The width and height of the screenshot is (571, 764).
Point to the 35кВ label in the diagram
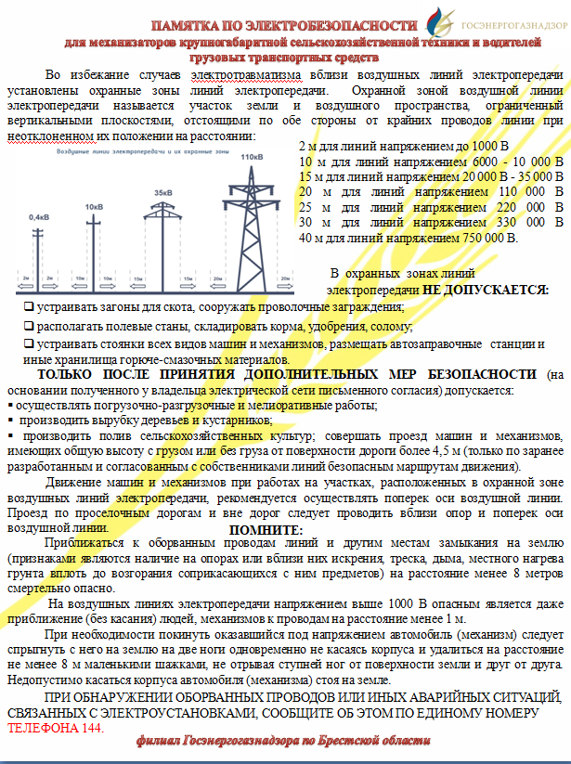pyautogui.click(x=163, y=192)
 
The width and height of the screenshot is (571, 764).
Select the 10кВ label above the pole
pyautogui.click(x=94, y=206)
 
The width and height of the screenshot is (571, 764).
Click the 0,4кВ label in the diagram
pyautogui.click(x=39, y=216)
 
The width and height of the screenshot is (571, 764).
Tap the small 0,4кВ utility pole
pyautogui.click(x=40, y=251)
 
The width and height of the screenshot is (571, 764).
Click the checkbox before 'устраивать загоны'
pyautogui.click(x=30, y=306)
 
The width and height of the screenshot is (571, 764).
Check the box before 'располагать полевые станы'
pyautogui.click(x=30, y=326)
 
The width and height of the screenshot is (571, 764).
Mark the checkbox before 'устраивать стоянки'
pyautogui.click(x=30, y=344)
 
